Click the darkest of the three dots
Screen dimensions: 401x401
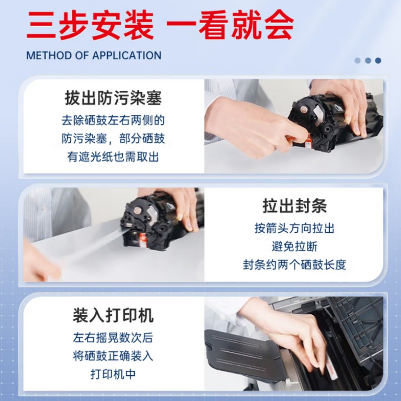(378, 60)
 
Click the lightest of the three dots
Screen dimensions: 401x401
(357, 60)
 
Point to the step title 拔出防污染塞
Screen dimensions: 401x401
(113, 98)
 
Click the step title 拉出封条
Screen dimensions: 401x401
(294, 206)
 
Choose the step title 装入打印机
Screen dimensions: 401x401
(113, 315)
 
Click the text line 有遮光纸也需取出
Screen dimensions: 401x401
(113, 157)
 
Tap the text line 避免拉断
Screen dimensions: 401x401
(294, 247)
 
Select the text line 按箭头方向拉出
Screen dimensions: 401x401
(294, 229)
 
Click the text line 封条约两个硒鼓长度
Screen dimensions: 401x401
(294, 265)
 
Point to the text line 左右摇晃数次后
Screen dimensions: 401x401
(113, 338)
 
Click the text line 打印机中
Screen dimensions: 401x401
(113, 374)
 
